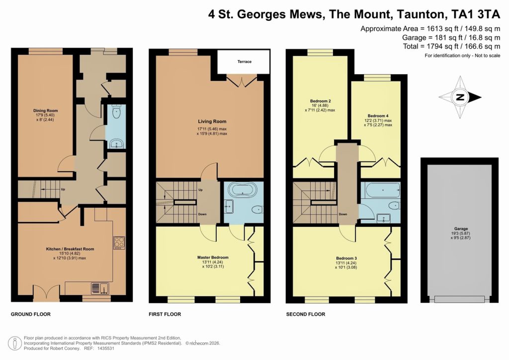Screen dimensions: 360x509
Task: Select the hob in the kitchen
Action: pos(119,242)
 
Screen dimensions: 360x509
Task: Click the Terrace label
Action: pos(244,62)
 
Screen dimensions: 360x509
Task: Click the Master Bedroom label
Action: pos(213,257)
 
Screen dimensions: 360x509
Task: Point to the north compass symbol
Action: pos(461,97)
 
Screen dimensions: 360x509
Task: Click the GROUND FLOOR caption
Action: pos(31,314)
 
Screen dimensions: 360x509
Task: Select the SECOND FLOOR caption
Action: pos(306,314)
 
